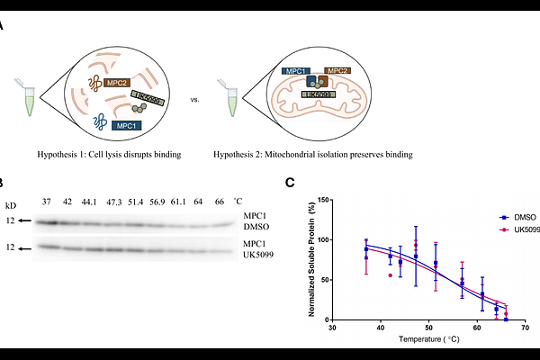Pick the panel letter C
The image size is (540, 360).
[x=290, y=182]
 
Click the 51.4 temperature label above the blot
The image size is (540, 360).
[x=134, y=201]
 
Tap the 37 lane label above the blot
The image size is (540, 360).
[x=47, y=201]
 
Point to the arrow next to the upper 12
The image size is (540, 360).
[x=25, y=220]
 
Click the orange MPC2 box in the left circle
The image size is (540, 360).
[x=116, y=83]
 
